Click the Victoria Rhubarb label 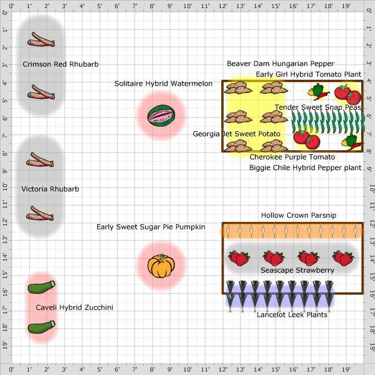(50, 189)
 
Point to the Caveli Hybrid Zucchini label (75, 308)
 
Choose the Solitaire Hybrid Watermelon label (164, 84)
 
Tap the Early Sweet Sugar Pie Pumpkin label (151, 227)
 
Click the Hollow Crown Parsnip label (299, 216)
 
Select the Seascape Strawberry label (298, 270)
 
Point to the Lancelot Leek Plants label (292, 315)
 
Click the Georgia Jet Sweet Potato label (237, 134)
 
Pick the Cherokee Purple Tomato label (292, 157)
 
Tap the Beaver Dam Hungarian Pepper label (280, 64)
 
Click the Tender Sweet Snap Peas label (318, 107)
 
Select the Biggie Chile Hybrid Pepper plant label (305, 168)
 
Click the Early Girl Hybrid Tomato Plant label (309, 75)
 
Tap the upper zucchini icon (42, 286)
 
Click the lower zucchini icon (42, 328)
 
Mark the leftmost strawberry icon (239, 258)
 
